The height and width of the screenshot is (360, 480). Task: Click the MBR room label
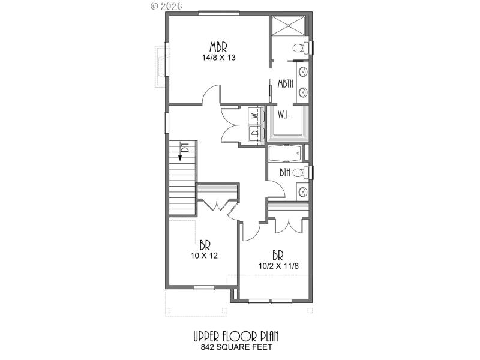click(218, 47)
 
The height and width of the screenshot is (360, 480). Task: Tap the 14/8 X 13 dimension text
click(218, 58)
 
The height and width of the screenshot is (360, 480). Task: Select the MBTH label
click(285, 84)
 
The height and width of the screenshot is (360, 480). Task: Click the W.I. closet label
click(283, 115)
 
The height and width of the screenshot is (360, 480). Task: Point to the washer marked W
click(254, 115)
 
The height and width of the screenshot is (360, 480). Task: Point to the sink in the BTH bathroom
click(302, 193)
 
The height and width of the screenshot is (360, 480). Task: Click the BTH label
click(286, 173)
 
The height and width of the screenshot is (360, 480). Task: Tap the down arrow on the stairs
click(179, 157)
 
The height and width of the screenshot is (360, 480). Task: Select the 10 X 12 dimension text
click(205, 255)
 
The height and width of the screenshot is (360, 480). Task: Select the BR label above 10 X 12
click(205, 245)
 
